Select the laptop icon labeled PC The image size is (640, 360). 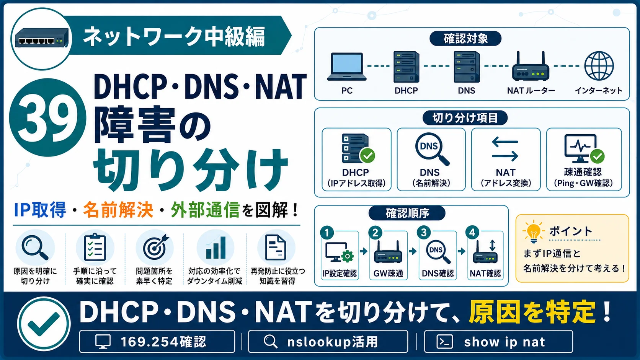tap(346, 67)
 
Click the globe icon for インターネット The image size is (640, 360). tap(599, 66)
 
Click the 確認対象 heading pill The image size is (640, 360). tap(465, 39)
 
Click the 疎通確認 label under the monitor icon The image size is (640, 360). tap(583, 172)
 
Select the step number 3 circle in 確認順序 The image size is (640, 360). tap(424, 233)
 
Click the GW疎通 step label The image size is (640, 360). tap(388, 274)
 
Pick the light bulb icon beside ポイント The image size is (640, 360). tap(533, 231)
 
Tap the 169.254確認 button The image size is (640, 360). tap(157, 341)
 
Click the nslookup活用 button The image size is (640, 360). tap(328, 341)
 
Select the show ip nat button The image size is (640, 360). tap(499, 341)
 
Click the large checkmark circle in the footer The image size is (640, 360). tap(44, 324)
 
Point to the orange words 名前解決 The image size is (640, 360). tap(118, 210)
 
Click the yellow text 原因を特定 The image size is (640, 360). tap(532, 312)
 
